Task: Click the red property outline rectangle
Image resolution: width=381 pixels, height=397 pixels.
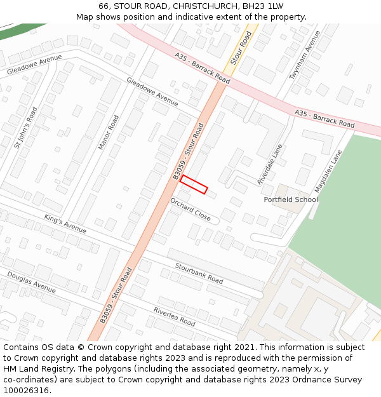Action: tap(194, 184)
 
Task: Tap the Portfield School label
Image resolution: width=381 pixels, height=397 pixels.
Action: tap(291, 199)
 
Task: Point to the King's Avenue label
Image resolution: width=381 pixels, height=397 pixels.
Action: tap(65, 223)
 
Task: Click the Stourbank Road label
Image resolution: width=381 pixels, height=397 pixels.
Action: tap(199, 271)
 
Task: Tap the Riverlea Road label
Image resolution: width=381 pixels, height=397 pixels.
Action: tap(174, 316)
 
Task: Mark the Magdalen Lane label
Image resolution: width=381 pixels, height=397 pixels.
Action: tap(328, 171)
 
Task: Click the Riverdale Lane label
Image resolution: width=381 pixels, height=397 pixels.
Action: tap(270, 165)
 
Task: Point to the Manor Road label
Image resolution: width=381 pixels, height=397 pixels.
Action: tap(109, 132)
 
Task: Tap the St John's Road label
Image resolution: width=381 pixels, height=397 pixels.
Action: tap(25, 127)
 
